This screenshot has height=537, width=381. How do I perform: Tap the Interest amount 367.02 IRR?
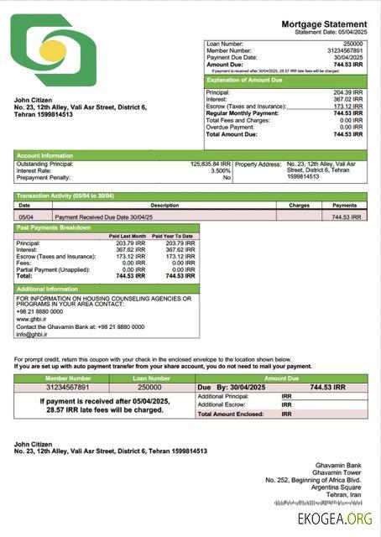[x=347, y=99]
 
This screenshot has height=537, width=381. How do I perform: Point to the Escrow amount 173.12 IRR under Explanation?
[x=347, y=107]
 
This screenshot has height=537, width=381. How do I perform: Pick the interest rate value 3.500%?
[x=221, y=170]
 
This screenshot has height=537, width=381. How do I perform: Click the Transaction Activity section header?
[x=65, y=196]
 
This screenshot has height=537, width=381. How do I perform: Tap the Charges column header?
[x=300, y=205]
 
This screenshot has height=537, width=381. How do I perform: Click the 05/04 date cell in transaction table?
[x=26, y=216]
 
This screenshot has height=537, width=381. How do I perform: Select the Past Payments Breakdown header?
[x=54, y=227]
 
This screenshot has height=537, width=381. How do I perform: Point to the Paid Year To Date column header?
[x=176, y=237]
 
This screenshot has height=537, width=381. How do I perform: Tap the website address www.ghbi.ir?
[x=32, y=319]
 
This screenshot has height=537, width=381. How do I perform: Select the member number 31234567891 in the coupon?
[x=68, y=388]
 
